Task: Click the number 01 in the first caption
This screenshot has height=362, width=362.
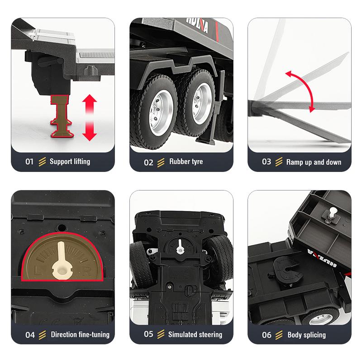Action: (x=29, y=162)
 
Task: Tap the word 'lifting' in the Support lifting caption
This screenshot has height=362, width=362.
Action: (x=81, y=162)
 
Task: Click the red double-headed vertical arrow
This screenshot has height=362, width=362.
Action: (x=90, y=118)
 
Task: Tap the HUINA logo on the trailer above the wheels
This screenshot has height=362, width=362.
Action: (x=197, y=24)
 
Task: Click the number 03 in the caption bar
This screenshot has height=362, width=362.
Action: (x=267, y=162)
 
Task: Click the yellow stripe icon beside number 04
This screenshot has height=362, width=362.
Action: (x=42, y=335)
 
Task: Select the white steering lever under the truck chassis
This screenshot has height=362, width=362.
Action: (x=180, y=247)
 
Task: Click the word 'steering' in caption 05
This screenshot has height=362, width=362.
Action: (x=210, y=334)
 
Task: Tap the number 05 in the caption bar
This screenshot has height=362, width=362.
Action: (x=148, y=334)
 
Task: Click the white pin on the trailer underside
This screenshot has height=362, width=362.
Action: (x=333, y=213)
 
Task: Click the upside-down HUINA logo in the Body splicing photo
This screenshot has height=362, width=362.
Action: (x=322, y=258)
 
